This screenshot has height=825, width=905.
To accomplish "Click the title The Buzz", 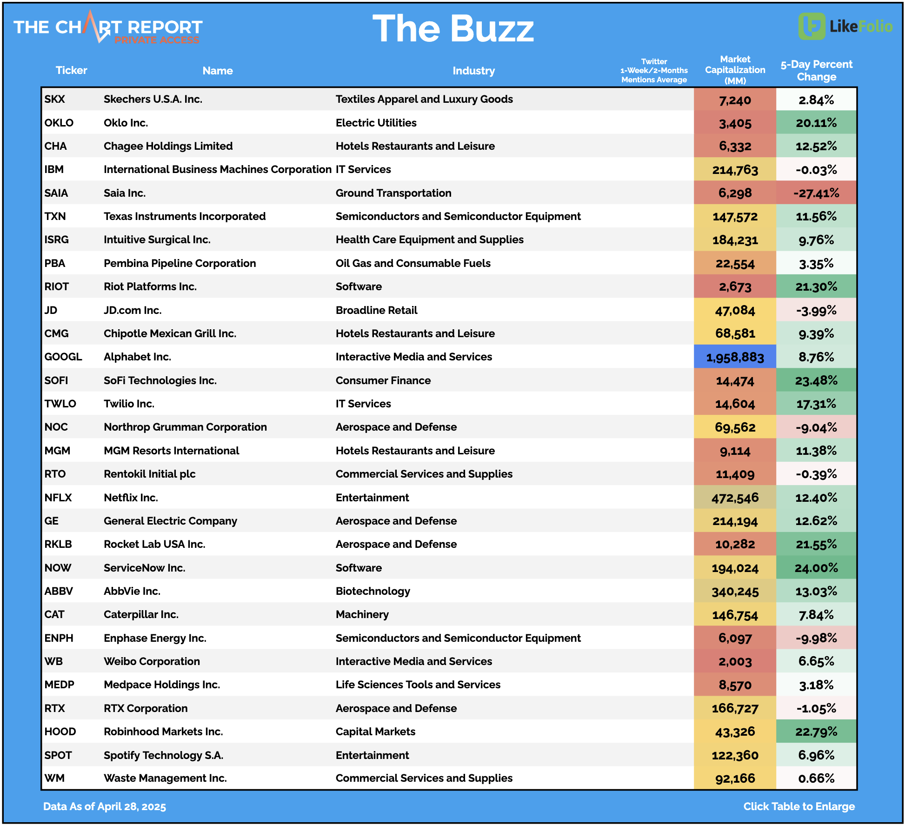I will pos(453,29).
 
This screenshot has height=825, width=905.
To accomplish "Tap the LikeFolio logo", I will pos(845,26).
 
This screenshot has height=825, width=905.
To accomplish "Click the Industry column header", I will pos(473,71).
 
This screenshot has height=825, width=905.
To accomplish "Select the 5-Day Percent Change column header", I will pos(816,71).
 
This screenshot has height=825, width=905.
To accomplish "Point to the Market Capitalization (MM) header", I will pos(735,70).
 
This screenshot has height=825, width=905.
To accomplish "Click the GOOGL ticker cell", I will pos(63,357).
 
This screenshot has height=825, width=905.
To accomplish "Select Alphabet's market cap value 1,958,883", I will pos(735,357).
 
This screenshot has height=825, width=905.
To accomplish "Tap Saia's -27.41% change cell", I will pos(816,193).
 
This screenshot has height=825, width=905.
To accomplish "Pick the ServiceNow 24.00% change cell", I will pos(816,568).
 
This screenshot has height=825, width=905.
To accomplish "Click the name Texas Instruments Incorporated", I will pos(185,216).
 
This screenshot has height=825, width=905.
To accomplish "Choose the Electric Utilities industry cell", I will pos(376,123).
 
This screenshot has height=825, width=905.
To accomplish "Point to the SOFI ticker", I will pos(56,380).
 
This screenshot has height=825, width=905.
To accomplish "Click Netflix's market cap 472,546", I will pos(735,498).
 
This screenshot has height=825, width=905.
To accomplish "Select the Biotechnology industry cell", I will pos(373,591).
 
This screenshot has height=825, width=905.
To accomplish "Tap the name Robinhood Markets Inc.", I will pos(163,732).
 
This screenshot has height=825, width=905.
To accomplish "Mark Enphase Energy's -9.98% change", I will pos(816,638).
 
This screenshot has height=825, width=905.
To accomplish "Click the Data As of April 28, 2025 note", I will pos(105,806).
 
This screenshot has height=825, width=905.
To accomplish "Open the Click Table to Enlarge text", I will pos(799,806).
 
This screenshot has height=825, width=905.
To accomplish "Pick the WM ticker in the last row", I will pos(54,778).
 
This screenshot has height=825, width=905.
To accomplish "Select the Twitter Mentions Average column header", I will pos(654,71).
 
